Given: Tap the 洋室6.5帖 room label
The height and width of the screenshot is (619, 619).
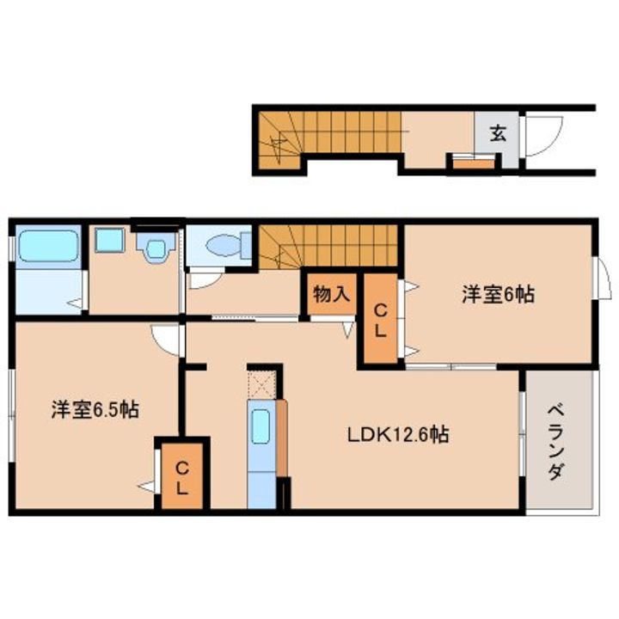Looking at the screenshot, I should tap(94, 410).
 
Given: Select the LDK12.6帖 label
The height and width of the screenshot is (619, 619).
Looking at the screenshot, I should tap(397, 434).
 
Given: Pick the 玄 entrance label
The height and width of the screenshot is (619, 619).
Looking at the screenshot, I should tap(499, 132).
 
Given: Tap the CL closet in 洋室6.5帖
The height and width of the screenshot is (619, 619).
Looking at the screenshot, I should tap(182, 479).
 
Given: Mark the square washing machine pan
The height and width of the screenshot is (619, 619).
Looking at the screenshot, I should tap(109, 240).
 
